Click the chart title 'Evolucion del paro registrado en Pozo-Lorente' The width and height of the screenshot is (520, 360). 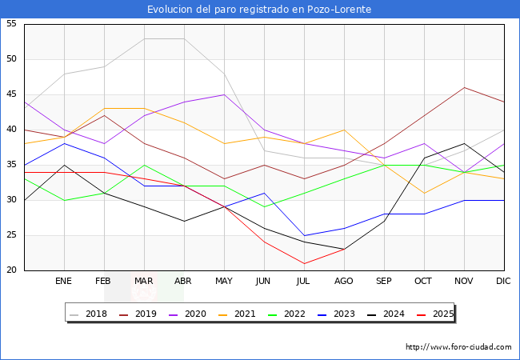tap(259, 10)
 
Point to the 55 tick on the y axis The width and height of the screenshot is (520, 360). tap(11, 24)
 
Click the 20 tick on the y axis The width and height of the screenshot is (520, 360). tap(11, 270)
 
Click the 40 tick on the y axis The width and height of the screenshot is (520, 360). tap(11, 130)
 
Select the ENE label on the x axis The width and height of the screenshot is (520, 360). tap(64, 282)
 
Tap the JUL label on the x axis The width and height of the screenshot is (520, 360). tap(304, 282)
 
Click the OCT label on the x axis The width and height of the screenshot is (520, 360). tap(424, 282)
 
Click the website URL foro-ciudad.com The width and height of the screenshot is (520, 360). tap(458, 347)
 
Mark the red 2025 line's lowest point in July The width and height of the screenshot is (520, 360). tap(304, 263)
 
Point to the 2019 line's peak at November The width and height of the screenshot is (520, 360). tap(464, 87)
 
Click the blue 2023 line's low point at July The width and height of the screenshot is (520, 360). tap(304, 235)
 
